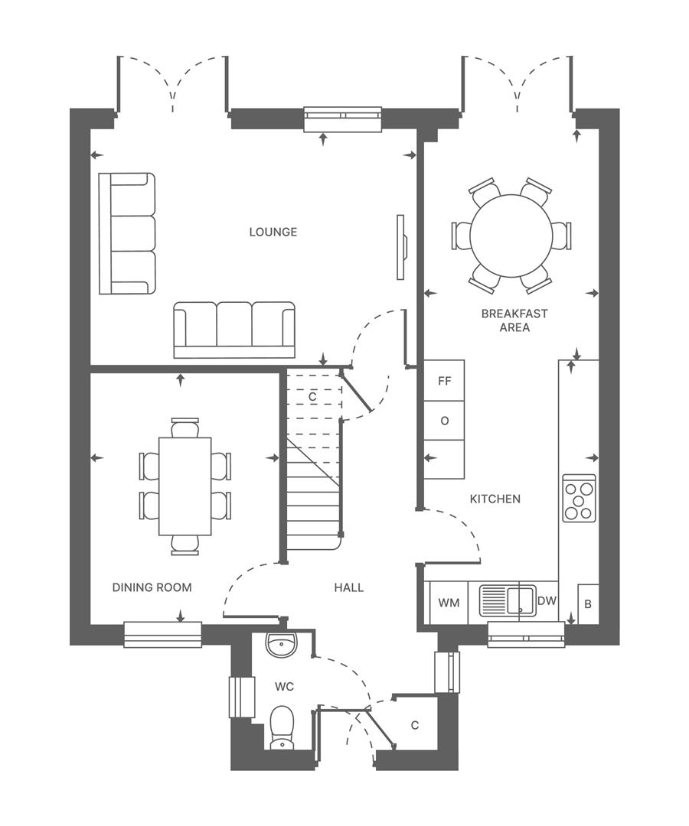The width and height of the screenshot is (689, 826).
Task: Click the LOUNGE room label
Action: (x=273, y=232)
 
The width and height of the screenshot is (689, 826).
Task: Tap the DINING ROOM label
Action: (x=152, y=587)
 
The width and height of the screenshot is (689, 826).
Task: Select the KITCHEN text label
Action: (x=495, y=499)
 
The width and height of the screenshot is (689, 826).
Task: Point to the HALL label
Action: (x=348, y=587)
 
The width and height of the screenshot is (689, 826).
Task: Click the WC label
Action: (x=284, y=687)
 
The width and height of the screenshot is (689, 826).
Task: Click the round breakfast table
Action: (x=511, y=236)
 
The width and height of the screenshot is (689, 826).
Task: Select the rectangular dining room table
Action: (x=184, y=486)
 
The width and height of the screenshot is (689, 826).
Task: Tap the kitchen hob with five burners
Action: (x=579, y=498)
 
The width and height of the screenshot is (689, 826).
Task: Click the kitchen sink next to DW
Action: (x=507, y=600)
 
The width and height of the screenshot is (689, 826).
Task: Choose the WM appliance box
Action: (x=449, y=603)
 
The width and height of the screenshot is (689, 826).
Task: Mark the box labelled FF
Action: (x=444, y=380)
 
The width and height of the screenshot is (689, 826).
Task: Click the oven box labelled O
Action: (x=444, y=421)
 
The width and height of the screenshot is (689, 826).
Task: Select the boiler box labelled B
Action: (x=587, y=604)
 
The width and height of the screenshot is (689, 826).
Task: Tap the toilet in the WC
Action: (x=282, y=727)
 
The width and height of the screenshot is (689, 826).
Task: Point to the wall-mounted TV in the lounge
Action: (x=400, y=247)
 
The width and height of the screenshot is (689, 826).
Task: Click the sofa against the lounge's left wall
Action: (x=127, y=233)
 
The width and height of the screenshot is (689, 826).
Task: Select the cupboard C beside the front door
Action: (x=414, y=725)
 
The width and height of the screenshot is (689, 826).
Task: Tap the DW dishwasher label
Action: (x=547, y=601)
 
